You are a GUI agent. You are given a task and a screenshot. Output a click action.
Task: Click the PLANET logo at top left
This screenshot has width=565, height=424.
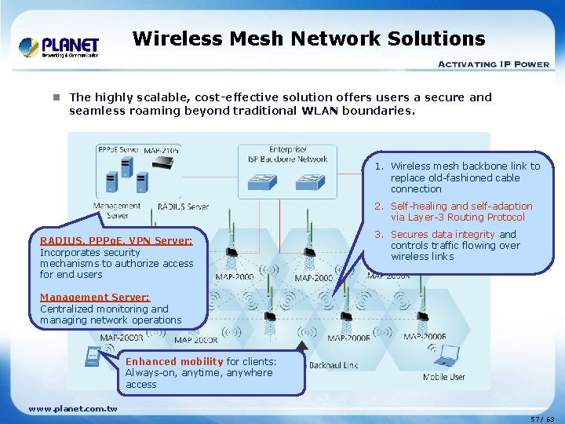(59, 46)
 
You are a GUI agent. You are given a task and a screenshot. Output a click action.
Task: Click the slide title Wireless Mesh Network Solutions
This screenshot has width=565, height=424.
(308, 38)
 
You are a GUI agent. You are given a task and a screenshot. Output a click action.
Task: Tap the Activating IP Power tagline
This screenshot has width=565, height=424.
(493, 64)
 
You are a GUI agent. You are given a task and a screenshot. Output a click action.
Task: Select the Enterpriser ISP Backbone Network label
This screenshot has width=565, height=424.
(287, 154)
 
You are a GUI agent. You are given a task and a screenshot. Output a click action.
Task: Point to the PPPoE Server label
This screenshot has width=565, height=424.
(118, 149)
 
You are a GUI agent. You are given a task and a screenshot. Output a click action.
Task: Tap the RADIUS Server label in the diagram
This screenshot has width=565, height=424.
(183, 207)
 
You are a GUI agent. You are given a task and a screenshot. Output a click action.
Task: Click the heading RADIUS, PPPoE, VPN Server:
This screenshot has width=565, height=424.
(115, 241)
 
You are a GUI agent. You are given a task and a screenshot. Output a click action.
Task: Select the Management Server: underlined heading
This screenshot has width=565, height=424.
(94, 298)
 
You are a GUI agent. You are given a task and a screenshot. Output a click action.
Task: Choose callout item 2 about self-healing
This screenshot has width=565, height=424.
(464, 211)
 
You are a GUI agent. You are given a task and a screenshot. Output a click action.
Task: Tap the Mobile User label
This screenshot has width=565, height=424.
(443, 377)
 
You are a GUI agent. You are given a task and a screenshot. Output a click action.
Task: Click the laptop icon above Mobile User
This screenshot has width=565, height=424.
(447, 359)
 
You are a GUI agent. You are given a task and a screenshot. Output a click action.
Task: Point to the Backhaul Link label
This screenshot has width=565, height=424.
(334, 366)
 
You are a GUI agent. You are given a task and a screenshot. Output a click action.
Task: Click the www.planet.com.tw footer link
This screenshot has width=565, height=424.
(72, 408)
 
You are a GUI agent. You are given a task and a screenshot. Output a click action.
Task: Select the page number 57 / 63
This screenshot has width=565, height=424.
(542, 419)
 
